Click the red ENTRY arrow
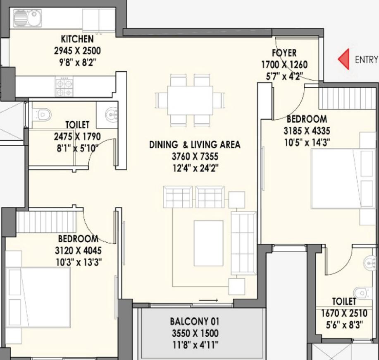pyautogui.click(x=344, y=59)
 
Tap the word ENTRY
pyautogui.click(x=367, y=60)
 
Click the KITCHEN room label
pyautogui.click(x=77, y=39)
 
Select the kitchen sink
pyautogui.click(x=28, y=18)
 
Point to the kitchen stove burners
pyautogui.click(x=64, y=87)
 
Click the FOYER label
pyautogui.click(x=284, y=53)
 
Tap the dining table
pyautogui.click(x=190, y=100)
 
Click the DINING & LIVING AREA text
pyautogui.click(x=195, y=144)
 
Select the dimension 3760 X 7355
pyautogui.click(x=195, y=156)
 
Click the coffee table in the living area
pyautogui.click(x=208, y=243)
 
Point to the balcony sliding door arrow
pyautogui.click(x=208, y=300)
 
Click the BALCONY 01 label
pyautogui.click(x=195, y=322)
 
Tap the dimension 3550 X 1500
pyautogui.click(x=195, y=333)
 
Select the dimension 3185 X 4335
pyautogui.click(x=307, y=131)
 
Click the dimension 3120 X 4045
pyautogui.click(x=78, y=250)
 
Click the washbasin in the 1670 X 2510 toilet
pyautogui.click(x=369, y=262)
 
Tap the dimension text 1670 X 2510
pyautogui.click(x=344, y=313)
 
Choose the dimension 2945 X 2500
pyautogui.click(x=77, y=51)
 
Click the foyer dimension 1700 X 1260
pyautogui.click(x=284, y=65)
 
